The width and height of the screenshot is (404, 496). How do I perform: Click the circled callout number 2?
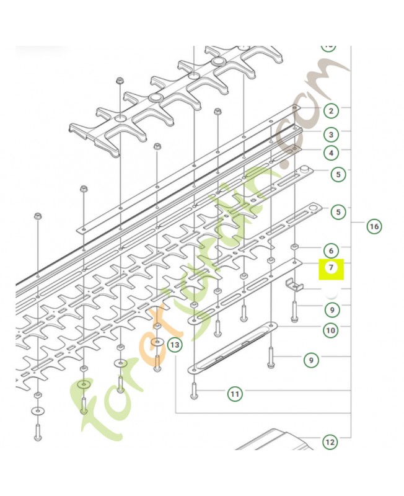[332, 111]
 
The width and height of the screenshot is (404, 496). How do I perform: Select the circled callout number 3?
[332, 134]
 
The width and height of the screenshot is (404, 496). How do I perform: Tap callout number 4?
[332, 153]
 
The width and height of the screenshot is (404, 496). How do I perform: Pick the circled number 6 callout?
[332, 250]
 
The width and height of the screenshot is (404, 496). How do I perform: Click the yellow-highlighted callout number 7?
[331, 268]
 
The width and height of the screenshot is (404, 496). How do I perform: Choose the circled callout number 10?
[331, 330]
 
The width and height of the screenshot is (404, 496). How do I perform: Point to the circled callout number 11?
[235, 393]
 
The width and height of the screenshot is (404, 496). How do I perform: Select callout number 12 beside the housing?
[330, 442]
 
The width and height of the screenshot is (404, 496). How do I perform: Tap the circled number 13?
[175, 343]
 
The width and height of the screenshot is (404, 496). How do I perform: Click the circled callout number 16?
[374, 226]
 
